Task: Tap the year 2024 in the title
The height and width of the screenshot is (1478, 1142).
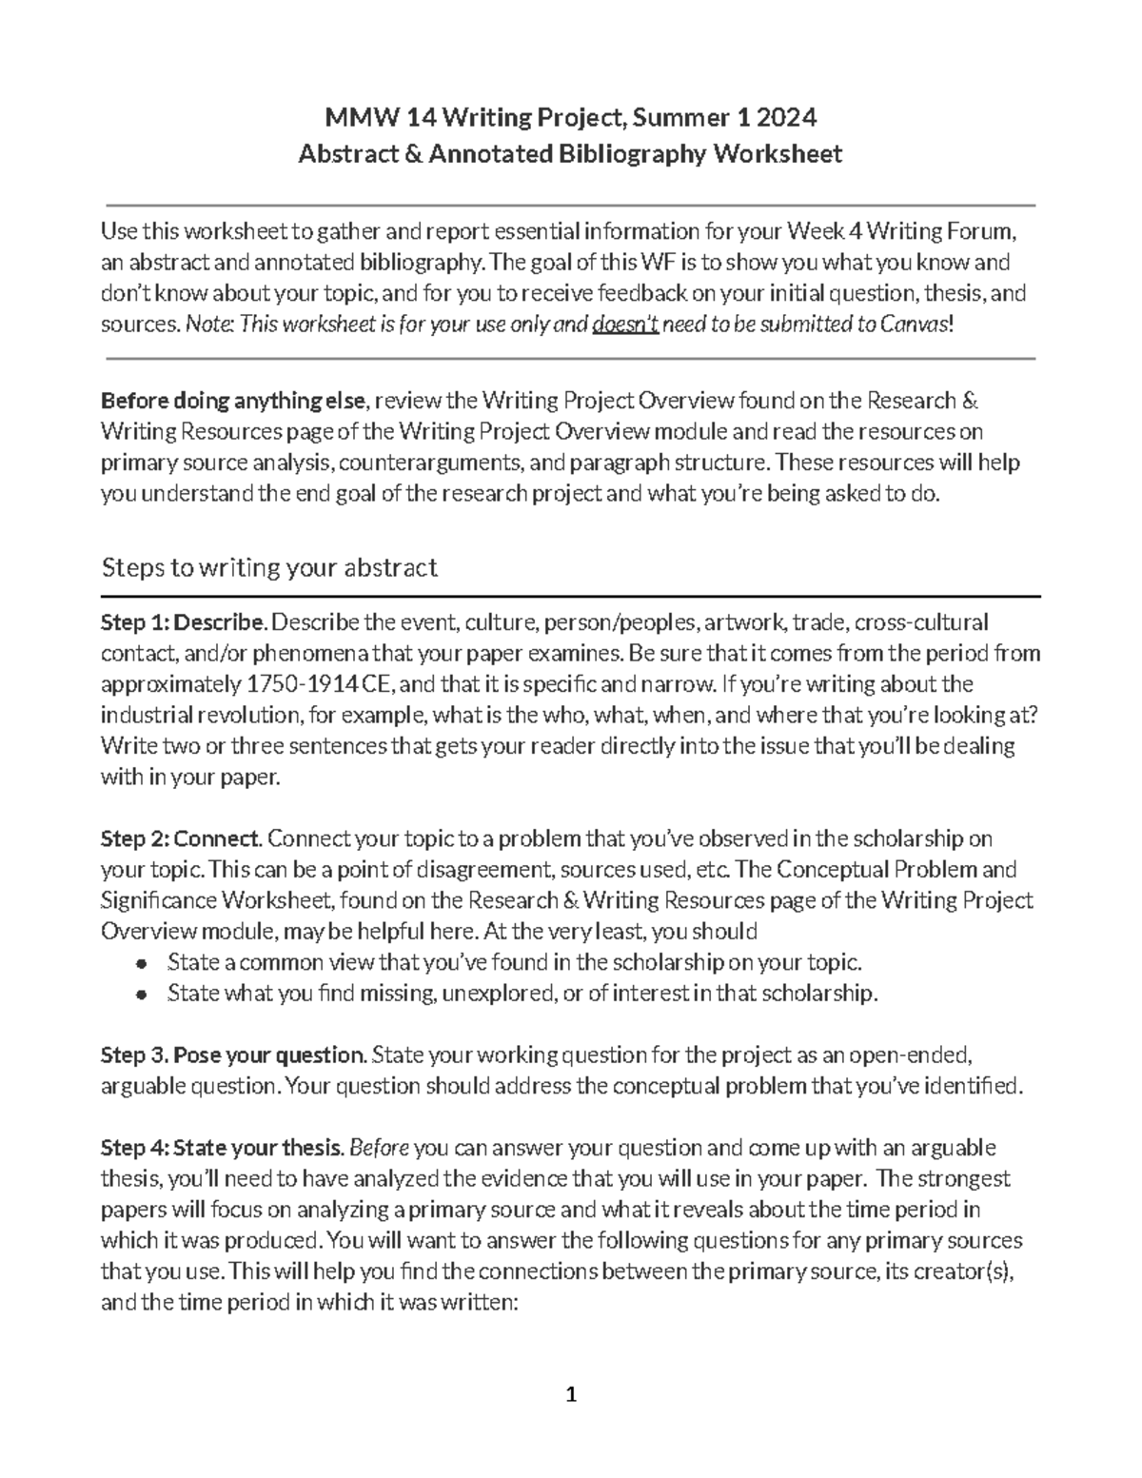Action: pos(787,118)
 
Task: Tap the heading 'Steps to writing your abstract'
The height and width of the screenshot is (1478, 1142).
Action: pos(269,568)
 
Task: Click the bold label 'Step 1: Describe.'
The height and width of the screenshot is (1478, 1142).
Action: pos(185,622)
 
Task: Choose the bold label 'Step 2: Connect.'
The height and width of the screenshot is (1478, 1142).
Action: pos(181,838)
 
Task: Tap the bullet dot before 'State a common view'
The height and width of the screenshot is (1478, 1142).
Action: pos(141,963)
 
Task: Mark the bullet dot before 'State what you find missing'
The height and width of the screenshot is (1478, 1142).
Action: pos(141,995)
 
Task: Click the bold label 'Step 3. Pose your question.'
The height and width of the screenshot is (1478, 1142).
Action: pos(233,1055)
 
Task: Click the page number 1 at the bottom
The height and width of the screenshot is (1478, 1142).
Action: pos(571,1396)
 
